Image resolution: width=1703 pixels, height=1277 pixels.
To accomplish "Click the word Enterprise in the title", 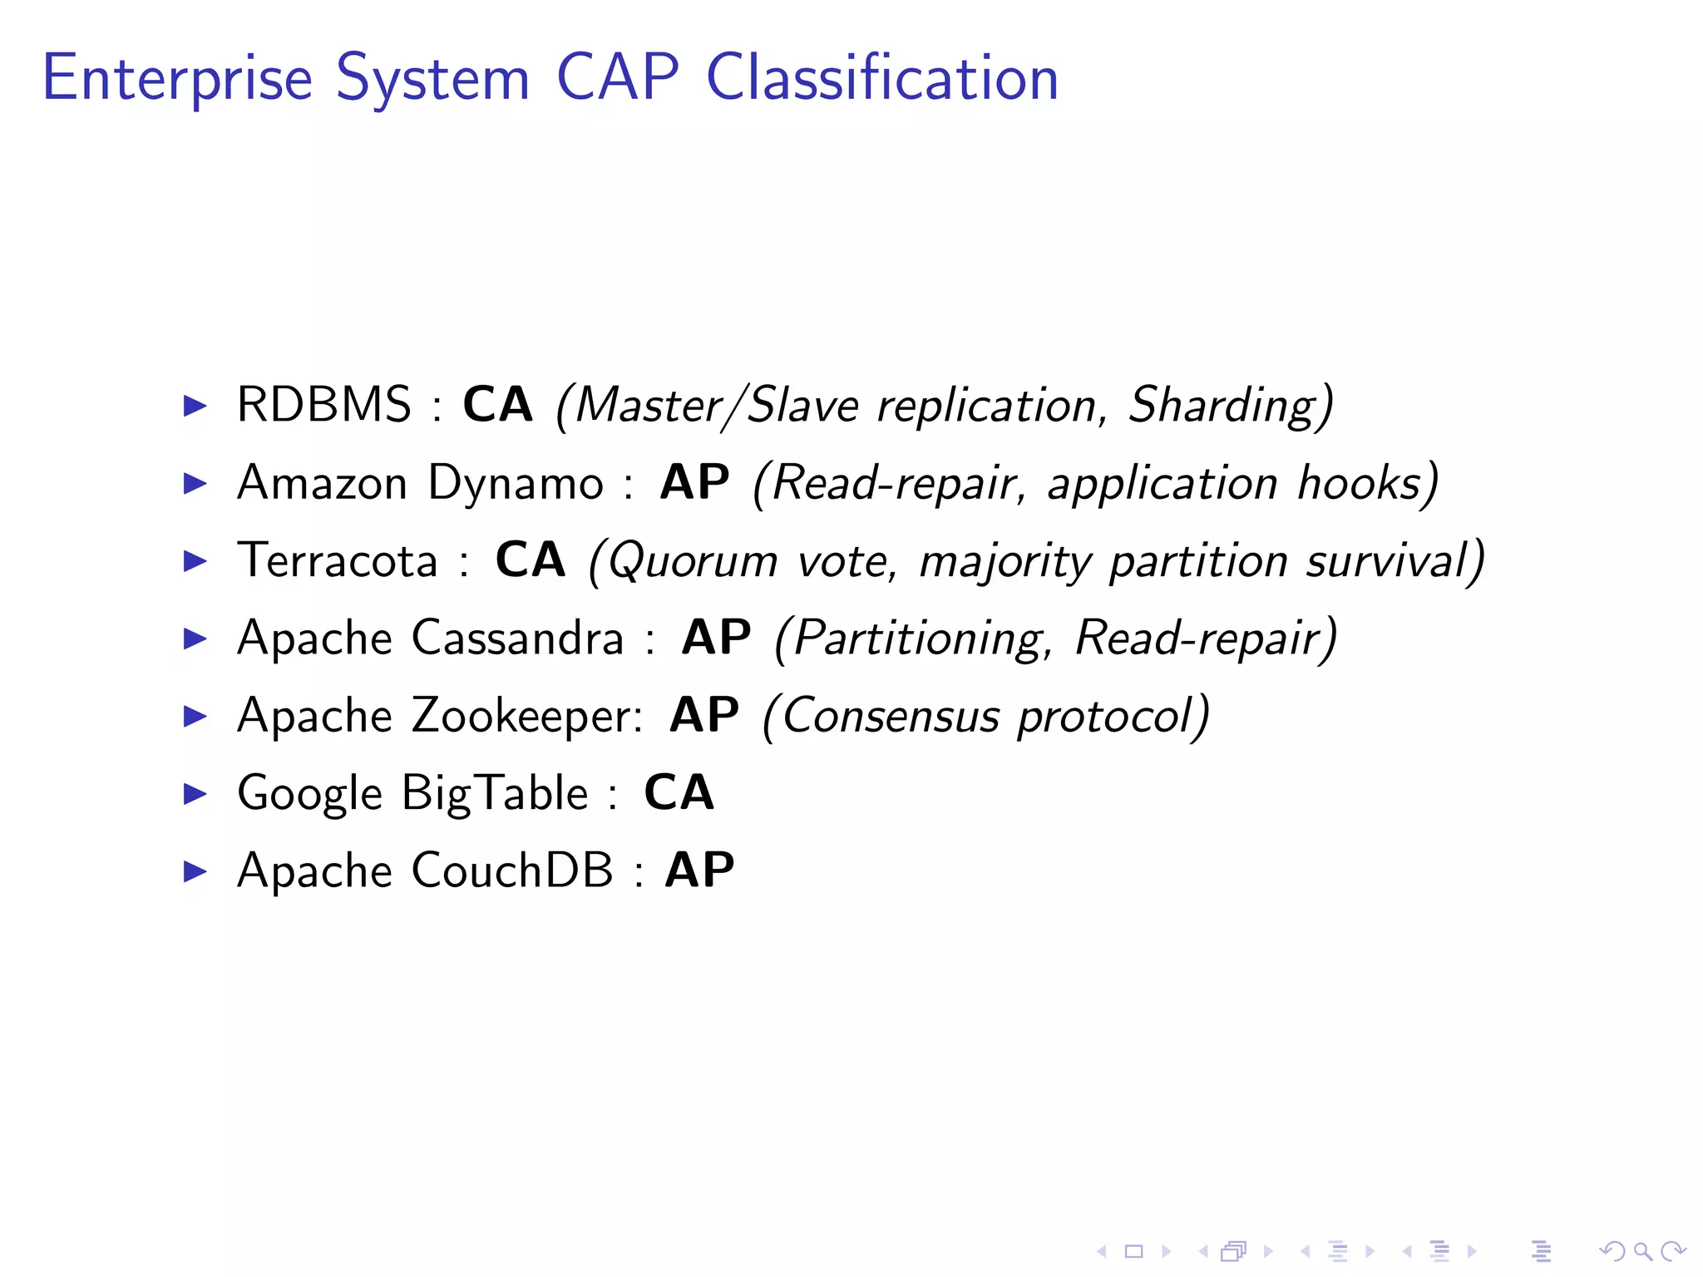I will point(177,78).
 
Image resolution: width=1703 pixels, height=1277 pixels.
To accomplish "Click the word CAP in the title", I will point(617,78).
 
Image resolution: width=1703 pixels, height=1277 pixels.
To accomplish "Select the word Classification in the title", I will point(882,78).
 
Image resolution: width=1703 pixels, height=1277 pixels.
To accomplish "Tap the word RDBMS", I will point(323,405).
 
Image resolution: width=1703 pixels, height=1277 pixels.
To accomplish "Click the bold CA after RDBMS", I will point(497,405).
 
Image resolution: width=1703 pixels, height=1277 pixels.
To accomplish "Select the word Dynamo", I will point(516,484).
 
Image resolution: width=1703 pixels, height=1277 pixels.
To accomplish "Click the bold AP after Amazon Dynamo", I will point(694,482).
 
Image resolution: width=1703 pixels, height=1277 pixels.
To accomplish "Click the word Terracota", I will point(337,560).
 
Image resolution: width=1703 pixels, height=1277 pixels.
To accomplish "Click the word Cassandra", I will point(517,638).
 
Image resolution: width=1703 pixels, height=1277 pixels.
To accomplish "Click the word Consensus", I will point(891,717).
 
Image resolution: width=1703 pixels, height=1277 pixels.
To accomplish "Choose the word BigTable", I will point(496,794).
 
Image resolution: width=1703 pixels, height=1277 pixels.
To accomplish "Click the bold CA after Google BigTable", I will point(679,792).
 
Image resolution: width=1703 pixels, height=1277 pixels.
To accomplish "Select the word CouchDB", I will point(512,871).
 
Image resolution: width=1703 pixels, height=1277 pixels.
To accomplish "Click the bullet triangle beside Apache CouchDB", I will point(195,871).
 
